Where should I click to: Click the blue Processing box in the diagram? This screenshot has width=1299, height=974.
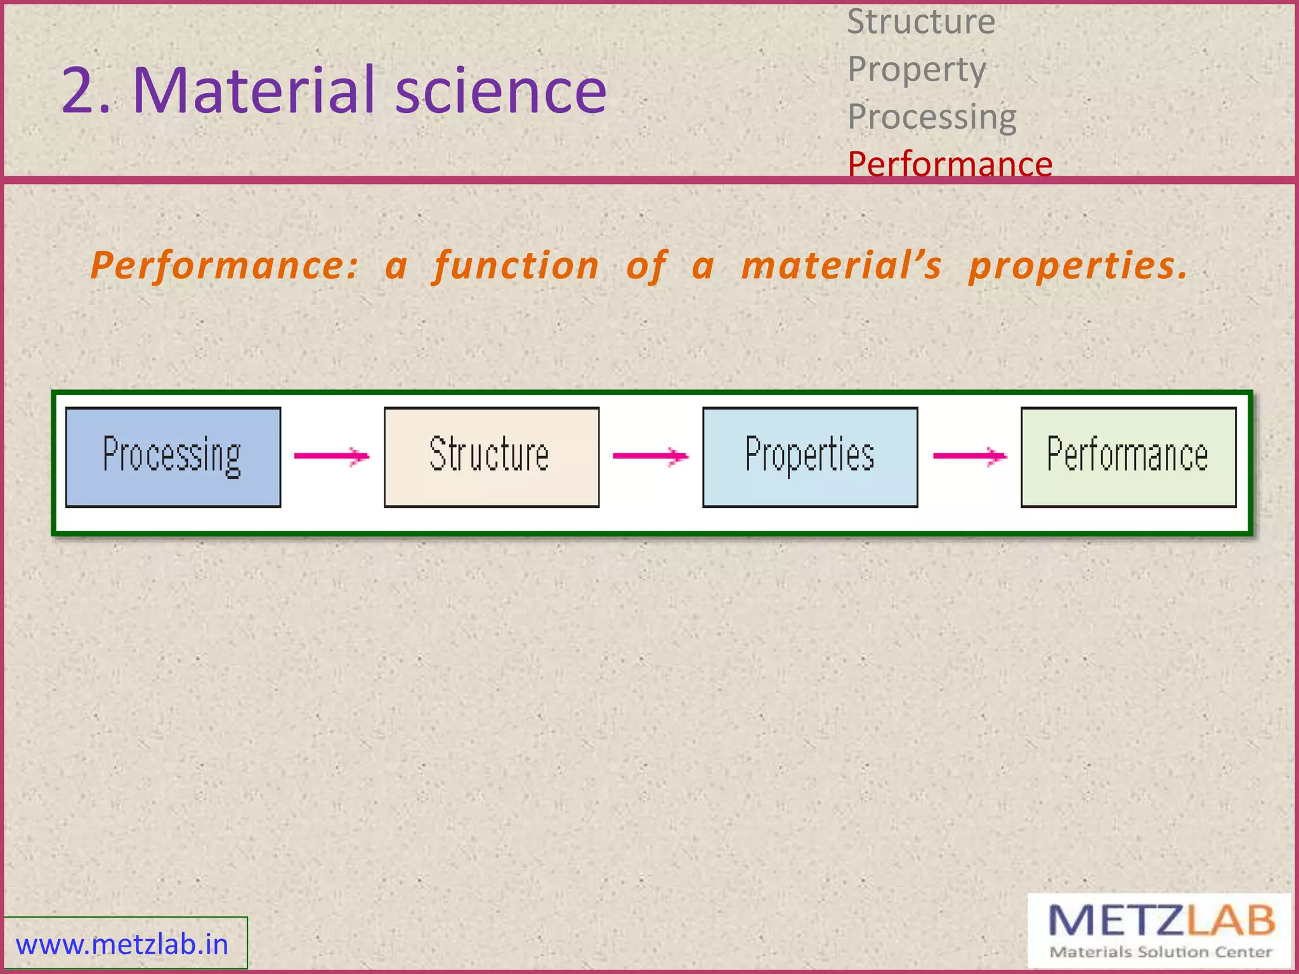coord(173,457)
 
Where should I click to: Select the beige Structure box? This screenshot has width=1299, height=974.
coord(491,457)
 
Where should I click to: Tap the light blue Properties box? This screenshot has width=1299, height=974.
coord(809,457)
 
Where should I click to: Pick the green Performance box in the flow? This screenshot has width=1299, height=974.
coord(1128,457)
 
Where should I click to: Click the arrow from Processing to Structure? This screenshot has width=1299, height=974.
coord(331,456)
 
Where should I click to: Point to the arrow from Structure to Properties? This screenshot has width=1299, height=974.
coord(650,456)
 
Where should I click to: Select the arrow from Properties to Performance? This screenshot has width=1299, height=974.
coord(969,456)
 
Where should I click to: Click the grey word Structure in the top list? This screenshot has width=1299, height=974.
coord(921,22)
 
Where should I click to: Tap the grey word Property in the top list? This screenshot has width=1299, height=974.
coord(917,69)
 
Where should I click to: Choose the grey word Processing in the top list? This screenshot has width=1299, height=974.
coord(932,117)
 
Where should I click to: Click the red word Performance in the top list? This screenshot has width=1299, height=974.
coord(950,164)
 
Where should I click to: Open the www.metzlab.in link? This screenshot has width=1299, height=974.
coord(122,944)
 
